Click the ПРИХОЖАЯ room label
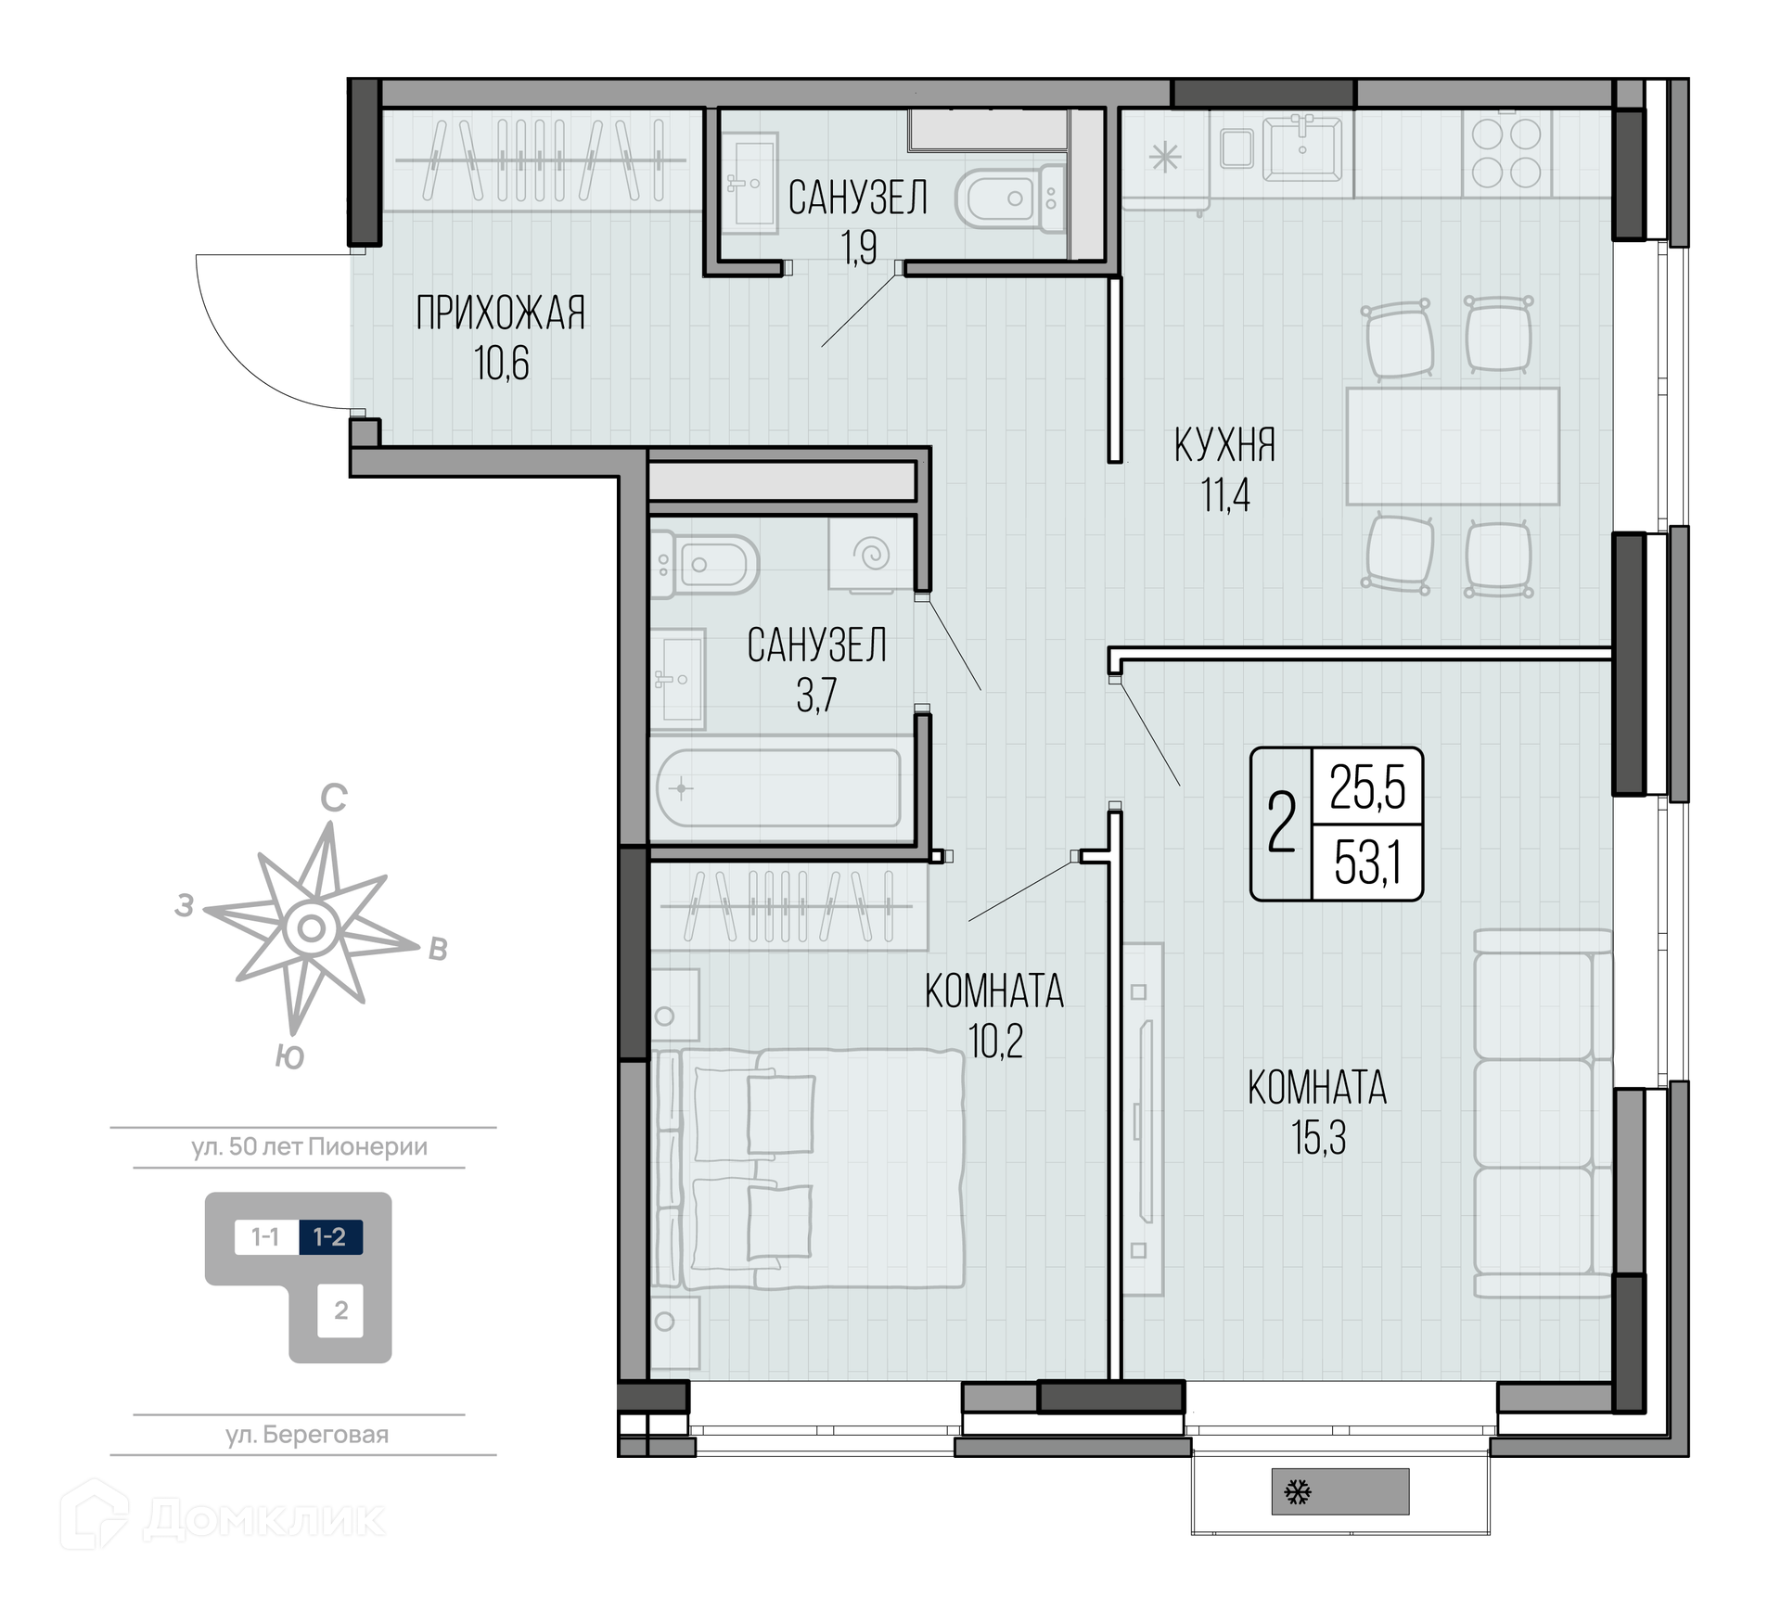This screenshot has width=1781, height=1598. click(x=500, y=313)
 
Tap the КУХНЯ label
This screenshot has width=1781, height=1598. click(x=1224, y=445)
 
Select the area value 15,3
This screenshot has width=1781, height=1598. click(x=1318, y=1138)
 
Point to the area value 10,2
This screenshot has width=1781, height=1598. click(x=995, y=1042)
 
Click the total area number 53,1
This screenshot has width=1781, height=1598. click(x=1366, y=863)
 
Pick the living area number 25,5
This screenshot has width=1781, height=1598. click(x=1367, y=787)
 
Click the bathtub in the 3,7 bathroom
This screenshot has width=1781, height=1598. click(x=778, y=788)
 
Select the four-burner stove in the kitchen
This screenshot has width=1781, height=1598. click(x=1506, y=153)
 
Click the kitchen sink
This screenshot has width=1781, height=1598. click(x=1302, y=148)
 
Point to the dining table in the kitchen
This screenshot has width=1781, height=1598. click(x=1453, y=446)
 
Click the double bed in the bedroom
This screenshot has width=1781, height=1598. click(x=808, y=1169)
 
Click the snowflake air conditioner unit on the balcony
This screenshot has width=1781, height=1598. click(x=1339, y=1491)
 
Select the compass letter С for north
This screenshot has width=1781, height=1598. click(x=334, y=798)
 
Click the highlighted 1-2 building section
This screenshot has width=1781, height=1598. click(x=330, y=1236)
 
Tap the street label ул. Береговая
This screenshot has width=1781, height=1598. click(x=307, y=1435)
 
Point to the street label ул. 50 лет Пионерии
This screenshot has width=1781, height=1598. click(x=310, y=1146)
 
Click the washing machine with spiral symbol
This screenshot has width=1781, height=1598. click(x=871, y=555)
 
